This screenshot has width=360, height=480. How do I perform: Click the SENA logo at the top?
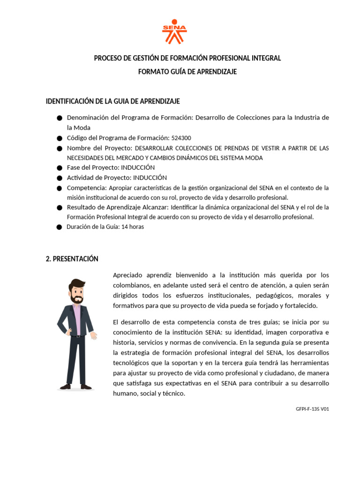pos(174,32)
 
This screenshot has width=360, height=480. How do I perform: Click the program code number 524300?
pos(180,138)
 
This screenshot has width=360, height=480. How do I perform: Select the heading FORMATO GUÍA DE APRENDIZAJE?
pos(187,72)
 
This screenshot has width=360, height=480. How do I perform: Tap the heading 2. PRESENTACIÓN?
pos(72,259)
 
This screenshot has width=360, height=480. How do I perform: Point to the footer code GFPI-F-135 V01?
pos(313,409)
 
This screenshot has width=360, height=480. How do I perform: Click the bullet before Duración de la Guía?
pos(59,227)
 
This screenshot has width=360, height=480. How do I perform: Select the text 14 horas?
pos(133,227)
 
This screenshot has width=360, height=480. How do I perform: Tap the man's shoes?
pos(75,387)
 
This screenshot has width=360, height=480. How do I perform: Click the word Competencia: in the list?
pos(87,188)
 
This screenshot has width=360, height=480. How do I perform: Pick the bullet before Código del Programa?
pos(59,138)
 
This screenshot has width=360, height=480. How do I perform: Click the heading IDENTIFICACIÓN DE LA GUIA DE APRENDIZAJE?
pos(112,101)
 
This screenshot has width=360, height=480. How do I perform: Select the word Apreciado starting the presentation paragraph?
pos(128,275)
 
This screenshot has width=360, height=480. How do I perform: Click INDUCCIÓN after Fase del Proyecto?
pos(138,167)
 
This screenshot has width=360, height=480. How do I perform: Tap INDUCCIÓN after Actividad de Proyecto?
pos(150,178)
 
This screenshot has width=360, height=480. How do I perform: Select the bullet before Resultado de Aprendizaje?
pos(59,208)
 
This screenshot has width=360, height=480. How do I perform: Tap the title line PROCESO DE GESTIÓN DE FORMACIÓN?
pos(187,58)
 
